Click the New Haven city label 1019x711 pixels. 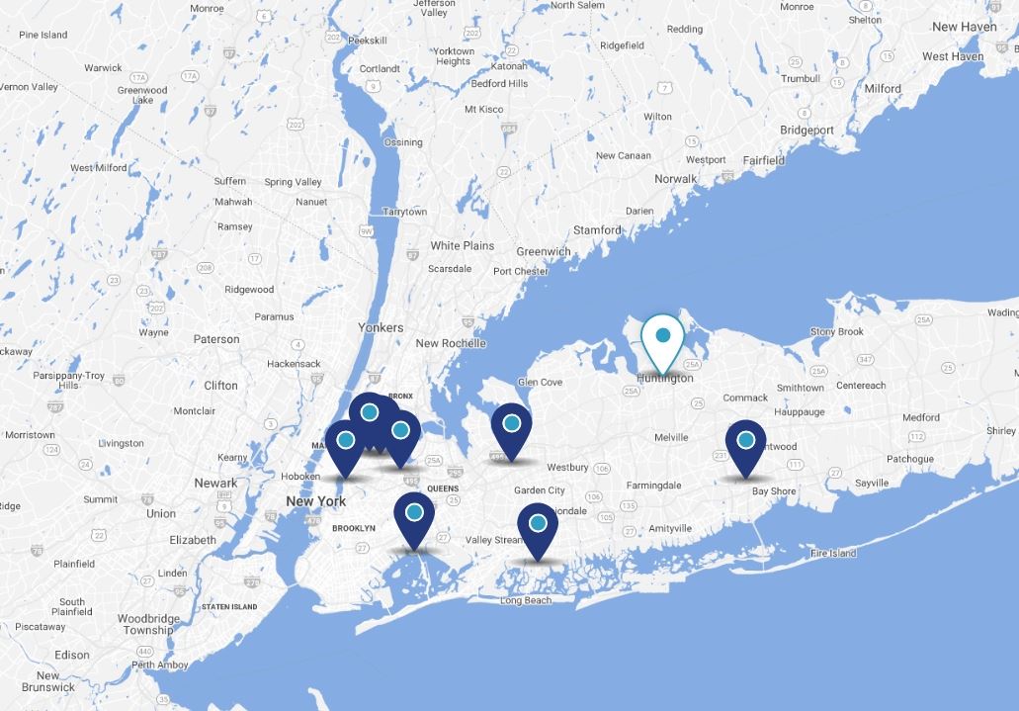point(964,27)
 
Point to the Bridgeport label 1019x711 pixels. point(807,130)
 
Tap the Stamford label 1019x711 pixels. point(597,229)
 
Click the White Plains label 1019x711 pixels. point(462,245)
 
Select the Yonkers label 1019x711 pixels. point(381,327)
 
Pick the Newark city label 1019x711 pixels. point(214,483)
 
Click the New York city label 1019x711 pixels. point(315,501)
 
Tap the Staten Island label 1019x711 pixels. point(229,606)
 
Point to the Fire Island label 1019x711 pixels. point(833,554)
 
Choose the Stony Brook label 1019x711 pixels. point(836,331)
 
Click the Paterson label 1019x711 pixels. point(216,339)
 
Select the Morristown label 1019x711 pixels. point(29,434)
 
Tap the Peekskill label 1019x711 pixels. point(367,41)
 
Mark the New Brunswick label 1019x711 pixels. point(47,681)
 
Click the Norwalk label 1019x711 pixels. point(675,179)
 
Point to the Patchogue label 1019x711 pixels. point(909,459)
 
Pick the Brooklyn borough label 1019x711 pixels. point(353,528)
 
